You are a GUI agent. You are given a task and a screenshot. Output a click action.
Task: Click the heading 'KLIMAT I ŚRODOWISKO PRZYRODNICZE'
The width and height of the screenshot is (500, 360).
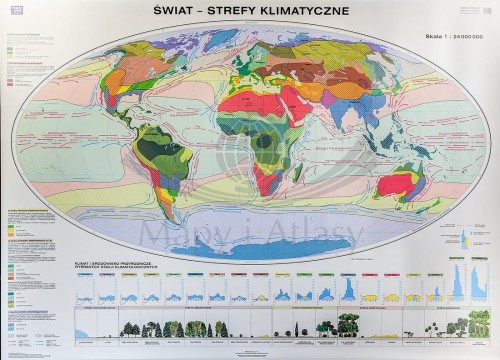(x=104, y=266)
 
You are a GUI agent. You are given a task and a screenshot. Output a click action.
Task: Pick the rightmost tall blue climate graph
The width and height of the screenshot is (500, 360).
(x=461, y=281)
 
